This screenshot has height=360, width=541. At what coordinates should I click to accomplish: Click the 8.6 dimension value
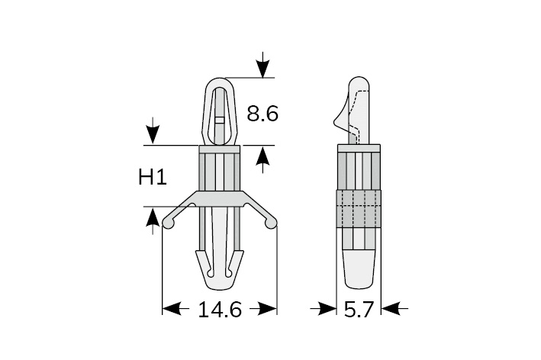click(x=262, y=114)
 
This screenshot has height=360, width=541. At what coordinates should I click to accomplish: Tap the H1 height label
click(x=153, y=178)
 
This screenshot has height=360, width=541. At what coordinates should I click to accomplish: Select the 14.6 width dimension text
click(x=220, y=310)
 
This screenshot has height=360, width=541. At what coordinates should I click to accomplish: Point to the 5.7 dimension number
click(x=359, y=310)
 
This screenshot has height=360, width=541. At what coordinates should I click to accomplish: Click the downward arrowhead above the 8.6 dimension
click(x=263, y=69)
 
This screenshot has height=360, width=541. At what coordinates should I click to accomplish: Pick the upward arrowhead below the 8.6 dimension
click(x=263, y=155)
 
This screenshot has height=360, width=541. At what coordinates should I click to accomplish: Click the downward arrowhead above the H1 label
click(x=152, y=135)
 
